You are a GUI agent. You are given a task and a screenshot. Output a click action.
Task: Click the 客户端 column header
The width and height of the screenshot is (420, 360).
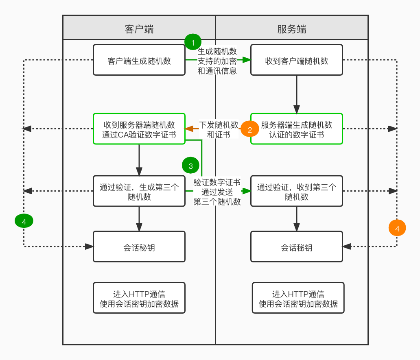pyautogui.click(x=139, y=29)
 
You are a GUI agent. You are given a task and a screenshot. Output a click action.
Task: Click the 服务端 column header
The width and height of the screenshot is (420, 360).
pyautogui.click(x=291, y=29)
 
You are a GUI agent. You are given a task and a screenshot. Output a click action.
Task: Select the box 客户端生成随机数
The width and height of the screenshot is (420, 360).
pyautogui.click(x=139, y=60)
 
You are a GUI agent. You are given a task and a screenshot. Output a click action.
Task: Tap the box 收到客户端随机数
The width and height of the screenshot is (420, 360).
pyautogui.click(x=296, y=60)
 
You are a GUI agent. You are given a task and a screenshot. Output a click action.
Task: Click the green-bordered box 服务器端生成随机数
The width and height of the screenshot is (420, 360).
pyautogui.click(x=296, y=129)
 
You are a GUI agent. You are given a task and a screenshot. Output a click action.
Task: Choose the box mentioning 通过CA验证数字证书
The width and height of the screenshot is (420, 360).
pyautogui.click(x=139, y=129)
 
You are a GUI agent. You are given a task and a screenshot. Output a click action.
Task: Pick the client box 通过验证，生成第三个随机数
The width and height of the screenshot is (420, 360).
pyautogui.click(x=139, y=191)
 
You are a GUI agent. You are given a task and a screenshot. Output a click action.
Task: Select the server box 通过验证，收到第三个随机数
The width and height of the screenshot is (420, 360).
pyautogui.click(x=296, y=191)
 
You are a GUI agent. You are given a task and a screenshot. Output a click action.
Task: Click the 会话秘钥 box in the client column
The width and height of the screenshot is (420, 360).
pyautogui.click(x=139, y=247)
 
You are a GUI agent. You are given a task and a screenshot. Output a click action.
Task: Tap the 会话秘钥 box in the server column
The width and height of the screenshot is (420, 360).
pyautogui.click(x=296, y=247)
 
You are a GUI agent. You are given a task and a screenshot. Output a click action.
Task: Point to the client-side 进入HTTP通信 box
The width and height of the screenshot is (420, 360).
pyautogui.click(x=139, y=298)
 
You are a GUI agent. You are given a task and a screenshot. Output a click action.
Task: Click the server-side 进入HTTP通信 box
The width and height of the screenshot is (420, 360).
pyautogui.click(x=298, y=298)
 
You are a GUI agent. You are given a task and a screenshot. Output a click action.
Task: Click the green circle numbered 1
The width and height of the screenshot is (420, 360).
pyautogui.click(x=193, y=42)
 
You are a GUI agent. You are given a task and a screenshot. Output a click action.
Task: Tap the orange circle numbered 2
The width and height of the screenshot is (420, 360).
pyautogui.click(x=250, y=130)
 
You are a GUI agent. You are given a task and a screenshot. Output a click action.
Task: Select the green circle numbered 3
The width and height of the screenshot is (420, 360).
pyautogui.click(x=190, y=166)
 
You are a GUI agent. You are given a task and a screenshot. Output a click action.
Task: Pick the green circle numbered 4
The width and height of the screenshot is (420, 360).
pyautogui.click(x=24, y=221)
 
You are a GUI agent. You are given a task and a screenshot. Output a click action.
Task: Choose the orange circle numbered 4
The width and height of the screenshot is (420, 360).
pyautogui.click(x=397, y=228)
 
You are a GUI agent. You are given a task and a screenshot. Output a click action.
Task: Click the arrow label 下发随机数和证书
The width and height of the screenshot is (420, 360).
pyautogui.click(x=219, y=129)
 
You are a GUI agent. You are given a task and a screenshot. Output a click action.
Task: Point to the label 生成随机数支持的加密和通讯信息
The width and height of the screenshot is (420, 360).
pyautogui.click(x=217, y=61)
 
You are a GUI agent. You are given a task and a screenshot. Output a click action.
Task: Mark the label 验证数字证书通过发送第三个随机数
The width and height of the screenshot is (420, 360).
pyautogui.click(x=217, y=192)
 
